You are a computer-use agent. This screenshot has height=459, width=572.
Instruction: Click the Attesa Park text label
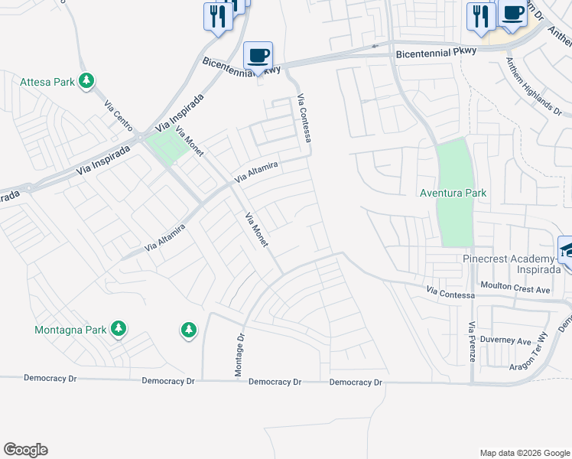pos(47,82)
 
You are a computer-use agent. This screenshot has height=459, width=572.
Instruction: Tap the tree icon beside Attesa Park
pos(87,80)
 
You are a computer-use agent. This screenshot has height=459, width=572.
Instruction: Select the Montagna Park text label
pos(69,330)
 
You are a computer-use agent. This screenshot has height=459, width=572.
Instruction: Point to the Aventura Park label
pos(453,193)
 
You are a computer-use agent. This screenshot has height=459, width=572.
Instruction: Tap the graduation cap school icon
pos(566,249)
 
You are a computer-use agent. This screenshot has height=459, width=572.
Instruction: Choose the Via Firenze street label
pos(472,339)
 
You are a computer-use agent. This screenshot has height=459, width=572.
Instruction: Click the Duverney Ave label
pos(512,341)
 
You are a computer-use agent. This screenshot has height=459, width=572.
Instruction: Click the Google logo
pos(25,450)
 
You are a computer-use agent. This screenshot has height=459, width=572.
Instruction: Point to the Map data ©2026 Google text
pos(524,453)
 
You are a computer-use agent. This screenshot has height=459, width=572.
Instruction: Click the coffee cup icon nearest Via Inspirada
pos(258,56)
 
